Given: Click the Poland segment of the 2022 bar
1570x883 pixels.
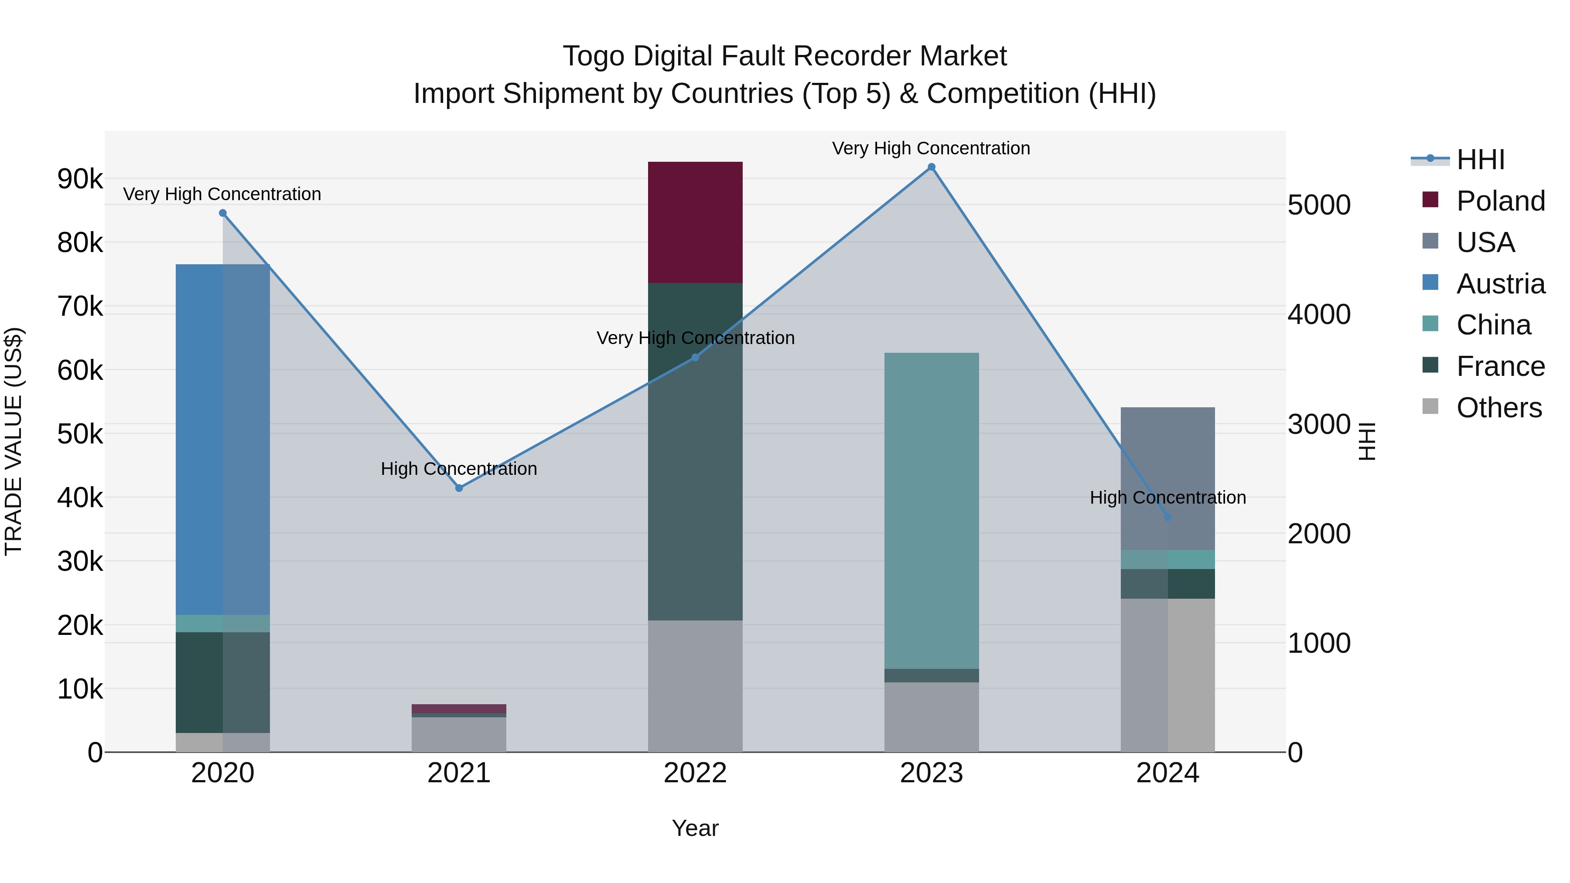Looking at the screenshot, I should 695,222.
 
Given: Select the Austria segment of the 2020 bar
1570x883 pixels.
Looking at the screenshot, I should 222,439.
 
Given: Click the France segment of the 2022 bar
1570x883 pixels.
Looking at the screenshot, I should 695,451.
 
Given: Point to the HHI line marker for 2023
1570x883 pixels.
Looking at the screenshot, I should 931,167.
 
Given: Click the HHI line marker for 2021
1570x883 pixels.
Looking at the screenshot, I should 459,488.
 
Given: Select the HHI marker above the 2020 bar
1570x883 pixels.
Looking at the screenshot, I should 222,213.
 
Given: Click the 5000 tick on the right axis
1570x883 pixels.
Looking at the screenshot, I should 1319,205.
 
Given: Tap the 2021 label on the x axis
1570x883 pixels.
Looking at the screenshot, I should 459,773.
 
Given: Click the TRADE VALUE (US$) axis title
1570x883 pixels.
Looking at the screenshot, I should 14,441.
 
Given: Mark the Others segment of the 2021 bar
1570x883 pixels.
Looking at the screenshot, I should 459,734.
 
